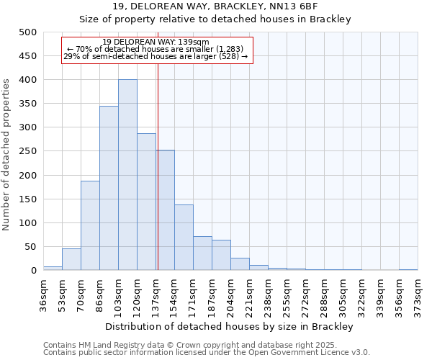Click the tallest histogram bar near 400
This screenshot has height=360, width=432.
[127, 175]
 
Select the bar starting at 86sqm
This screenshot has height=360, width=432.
[109, 188]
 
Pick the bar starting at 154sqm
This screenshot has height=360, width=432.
[184, 238]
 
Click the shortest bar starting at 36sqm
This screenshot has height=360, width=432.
[53, 268]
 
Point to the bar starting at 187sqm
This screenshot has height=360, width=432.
[221, 255]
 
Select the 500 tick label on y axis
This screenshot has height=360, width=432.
[27, 32]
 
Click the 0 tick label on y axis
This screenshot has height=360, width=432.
[33, 271]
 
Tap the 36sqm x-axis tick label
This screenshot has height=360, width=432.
[43, 292]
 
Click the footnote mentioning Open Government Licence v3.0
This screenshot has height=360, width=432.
[207, 353]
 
